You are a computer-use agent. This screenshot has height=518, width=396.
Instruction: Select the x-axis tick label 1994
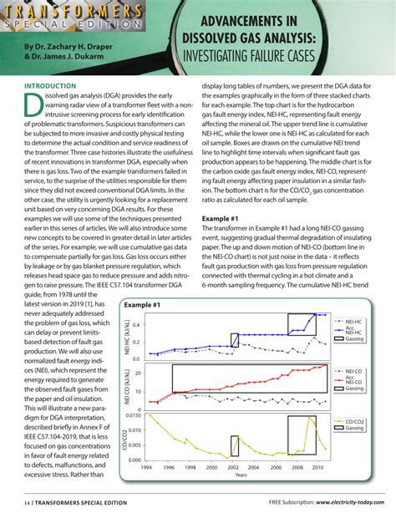[147, 468]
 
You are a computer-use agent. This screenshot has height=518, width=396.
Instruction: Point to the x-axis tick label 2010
[317, 468]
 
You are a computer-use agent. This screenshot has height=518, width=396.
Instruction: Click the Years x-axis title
[241, 475]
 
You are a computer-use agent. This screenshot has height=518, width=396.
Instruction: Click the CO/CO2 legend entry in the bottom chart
[356, 421]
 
